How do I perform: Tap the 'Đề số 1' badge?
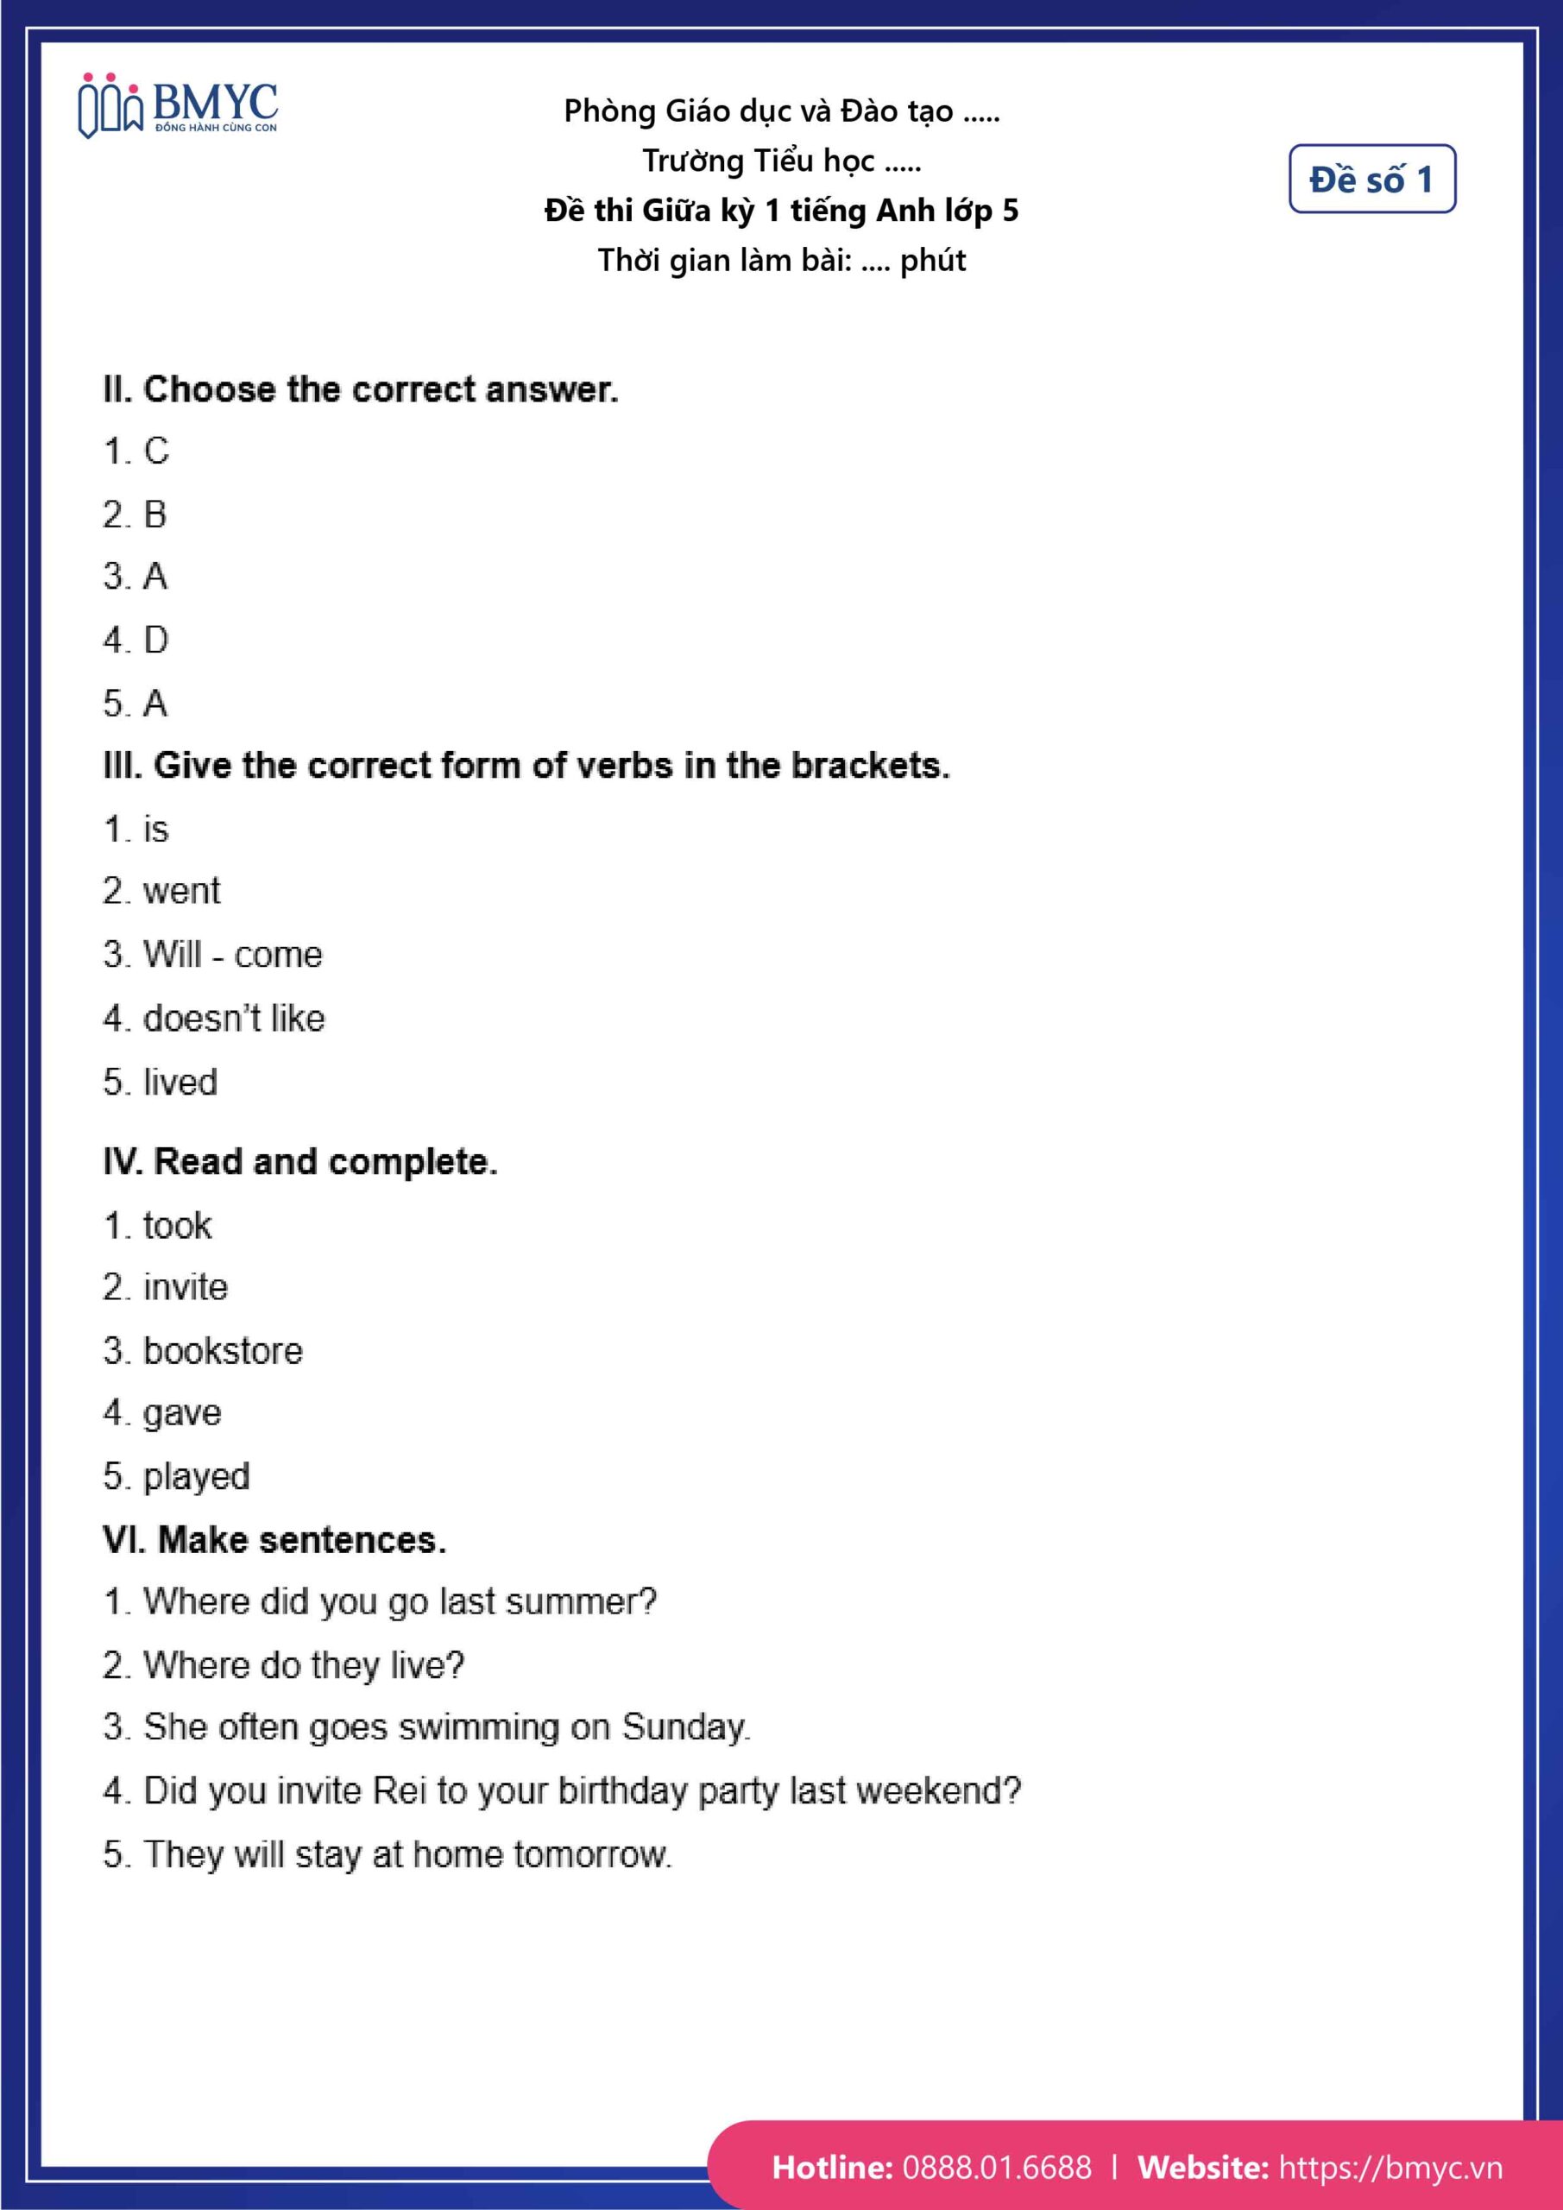tap(1371, 179)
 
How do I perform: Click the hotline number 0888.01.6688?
tap(997, 2167)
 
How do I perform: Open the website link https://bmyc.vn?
tap(1390, 2167)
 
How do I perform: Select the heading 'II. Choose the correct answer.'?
tap(361, 390)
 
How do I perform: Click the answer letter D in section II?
tap(156, 640)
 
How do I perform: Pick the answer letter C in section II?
tap(156, 451)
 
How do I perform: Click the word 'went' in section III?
tap(182, 891)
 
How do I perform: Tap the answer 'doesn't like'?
tap(234, 1019)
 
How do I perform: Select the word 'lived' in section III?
tap(180, 1082)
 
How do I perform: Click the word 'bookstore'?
tap(224, 1351)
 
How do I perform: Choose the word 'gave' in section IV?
tap(182, 1414)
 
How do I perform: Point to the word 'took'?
tap(177, 1226)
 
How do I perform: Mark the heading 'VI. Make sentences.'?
tap(275, 1540)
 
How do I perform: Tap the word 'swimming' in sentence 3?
tap(479, 1727)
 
